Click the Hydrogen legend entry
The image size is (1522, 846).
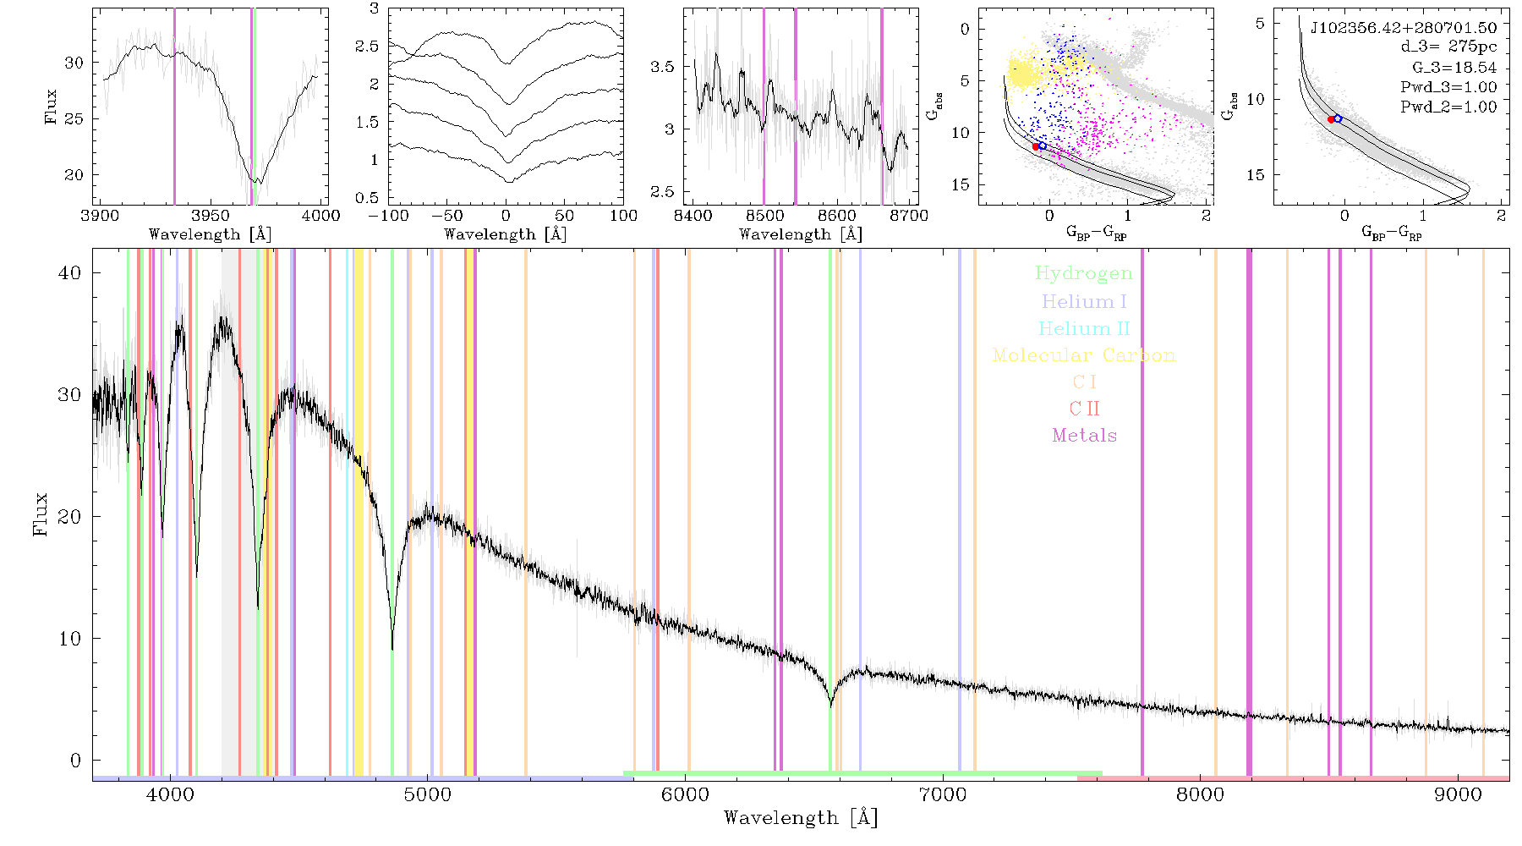1083,273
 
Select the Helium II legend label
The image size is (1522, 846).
1084,328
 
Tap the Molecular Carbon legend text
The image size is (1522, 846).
1084,355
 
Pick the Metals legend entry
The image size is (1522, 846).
1084,436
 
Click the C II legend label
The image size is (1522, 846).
1084,409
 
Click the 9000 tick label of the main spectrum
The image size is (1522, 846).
1458,795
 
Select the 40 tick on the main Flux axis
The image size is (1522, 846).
70,272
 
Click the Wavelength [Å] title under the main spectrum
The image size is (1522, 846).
801,818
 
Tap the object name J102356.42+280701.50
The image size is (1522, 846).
1404,28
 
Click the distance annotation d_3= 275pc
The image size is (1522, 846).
1448,47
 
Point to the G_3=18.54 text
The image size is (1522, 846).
1454,68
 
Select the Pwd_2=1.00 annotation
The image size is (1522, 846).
1448,107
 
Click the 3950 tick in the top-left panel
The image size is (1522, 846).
211,216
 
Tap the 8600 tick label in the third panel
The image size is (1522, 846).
837,216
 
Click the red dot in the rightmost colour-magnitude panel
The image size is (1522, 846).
1331,120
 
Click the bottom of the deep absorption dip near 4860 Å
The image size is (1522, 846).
392,648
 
